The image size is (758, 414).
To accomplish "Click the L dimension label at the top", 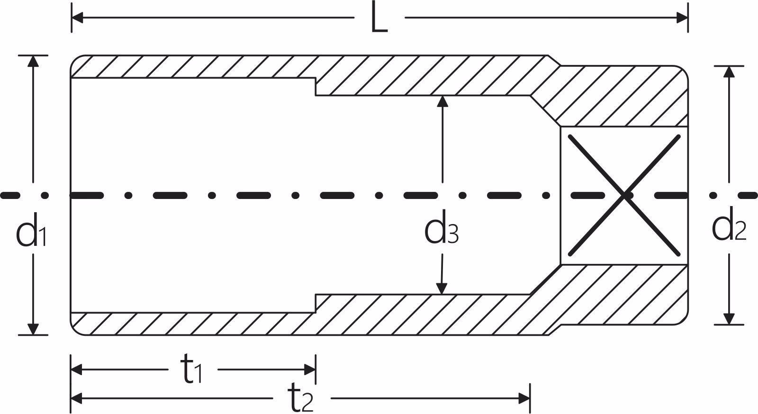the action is tap(379, 17).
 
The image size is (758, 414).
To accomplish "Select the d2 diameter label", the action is tap(729, 224).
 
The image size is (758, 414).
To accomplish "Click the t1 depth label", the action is tap(191, 369).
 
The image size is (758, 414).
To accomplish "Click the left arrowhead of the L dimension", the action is tap(77, 18).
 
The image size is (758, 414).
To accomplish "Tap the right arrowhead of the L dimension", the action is tap(682, 18).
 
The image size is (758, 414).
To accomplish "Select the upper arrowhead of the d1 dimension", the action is tap(33, 61).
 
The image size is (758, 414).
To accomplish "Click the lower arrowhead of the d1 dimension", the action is tap(33, 329).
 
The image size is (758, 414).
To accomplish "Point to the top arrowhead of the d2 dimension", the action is tap(729, 72).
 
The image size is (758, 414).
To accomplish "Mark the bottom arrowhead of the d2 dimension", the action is tap(729, 319).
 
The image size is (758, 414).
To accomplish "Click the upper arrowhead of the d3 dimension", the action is tap(442, 101).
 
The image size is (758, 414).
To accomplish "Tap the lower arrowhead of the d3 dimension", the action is tap(441, 289).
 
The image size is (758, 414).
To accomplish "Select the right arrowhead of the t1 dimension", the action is tap(310, 369).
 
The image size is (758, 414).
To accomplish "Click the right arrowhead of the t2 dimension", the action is tap(524, 398).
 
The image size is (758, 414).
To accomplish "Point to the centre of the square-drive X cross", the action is tap(624, 195).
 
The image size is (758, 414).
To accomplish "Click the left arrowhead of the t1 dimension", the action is tap(76, 369).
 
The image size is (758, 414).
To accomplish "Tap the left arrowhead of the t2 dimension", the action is tap(76, 398).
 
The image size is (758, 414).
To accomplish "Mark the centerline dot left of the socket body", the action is tap(45, 195).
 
